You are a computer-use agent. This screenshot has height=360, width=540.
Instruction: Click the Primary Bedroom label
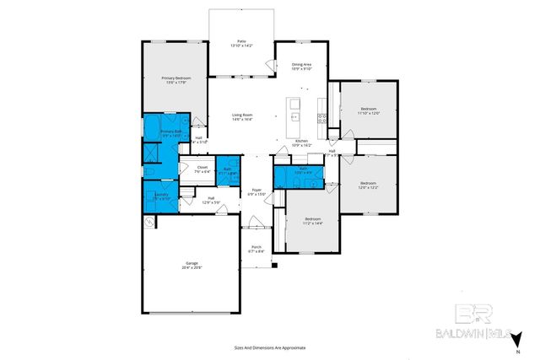coord(175,79)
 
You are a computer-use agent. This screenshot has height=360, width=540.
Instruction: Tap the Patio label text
coord(241,43)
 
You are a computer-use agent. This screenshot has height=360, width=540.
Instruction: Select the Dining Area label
coord(302,67)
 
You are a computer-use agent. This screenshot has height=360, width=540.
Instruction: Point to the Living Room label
coord(242,117)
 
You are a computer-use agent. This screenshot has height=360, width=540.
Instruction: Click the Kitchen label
coord(301,143)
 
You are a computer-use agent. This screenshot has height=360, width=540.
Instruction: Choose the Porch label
coord(256,249)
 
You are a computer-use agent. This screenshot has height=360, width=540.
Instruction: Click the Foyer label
coord(256,192)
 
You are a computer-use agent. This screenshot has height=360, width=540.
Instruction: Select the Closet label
coord(202,169)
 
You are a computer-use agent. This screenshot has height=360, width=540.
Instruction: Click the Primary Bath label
coord(171,133)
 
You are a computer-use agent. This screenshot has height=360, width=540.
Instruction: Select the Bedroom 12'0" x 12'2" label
coord(369,185)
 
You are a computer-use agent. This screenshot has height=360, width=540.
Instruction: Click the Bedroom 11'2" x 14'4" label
coord(313,221)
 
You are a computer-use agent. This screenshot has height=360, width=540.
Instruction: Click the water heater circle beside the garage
coord(149,223)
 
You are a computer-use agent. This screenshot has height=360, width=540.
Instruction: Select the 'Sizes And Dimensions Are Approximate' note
coord(270,347)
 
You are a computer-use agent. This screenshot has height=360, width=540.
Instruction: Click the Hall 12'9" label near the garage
coord(211,201)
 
